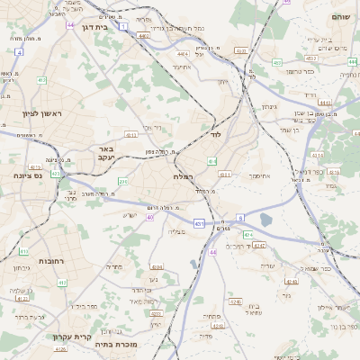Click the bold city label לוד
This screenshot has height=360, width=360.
click(215, 133)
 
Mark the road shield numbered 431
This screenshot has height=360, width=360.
click(198, 222)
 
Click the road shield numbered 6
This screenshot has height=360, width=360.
click(240, 217)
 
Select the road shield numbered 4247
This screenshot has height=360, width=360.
click(260, 244)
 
